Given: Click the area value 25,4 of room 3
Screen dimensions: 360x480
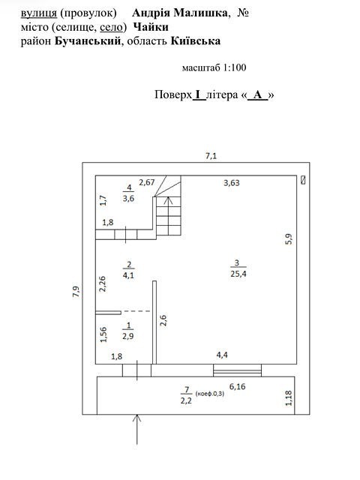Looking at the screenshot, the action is (238, 274).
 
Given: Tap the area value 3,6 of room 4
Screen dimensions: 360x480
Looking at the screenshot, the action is (128, 198).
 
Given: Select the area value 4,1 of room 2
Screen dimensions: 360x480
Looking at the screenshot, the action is (128, 275).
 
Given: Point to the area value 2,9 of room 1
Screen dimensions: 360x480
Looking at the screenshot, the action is (128, 336).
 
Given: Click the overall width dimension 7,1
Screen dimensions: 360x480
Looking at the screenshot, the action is (211, 156).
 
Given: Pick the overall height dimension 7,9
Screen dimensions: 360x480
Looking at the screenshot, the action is (76, 292).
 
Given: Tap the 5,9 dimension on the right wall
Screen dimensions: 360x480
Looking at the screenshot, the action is (289, 238).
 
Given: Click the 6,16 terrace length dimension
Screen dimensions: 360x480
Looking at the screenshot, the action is (237, 387).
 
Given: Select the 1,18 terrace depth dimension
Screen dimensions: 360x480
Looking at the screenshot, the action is (289, 397).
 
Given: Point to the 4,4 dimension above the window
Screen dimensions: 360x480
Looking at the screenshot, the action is (222, 355).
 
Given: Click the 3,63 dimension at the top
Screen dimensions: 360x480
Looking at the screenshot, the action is (232, 183).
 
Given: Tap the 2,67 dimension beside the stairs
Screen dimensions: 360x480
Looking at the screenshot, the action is (147, 182).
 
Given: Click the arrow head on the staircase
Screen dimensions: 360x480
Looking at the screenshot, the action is (168, 200).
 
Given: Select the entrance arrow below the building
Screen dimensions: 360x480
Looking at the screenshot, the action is (136, 429).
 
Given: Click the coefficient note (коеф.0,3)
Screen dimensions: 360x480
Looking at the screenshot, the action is (210, 393).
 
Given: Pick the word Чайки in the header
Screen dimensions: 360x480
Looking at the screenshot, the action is (151, 27).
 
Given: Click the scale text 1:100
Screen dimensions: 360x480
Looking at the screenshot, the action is (235, 67).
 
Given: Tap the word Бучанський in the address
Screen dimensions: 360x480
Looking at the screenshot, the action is (88, 41).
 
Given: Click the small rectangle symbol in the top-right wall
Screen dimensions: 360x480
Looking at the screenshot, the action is (303, 180).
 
